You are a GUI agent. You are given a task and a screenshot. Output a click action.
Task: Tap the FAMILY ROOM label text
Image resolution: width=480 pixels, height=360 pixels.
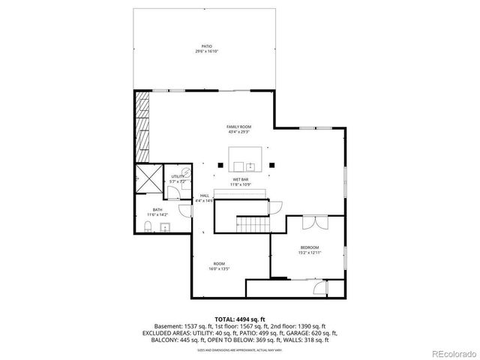click(x=238, y=127)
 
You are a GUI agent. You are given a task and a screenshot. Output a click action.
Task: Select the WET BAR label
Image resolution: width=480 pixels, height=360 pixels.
click(x=240, y=180)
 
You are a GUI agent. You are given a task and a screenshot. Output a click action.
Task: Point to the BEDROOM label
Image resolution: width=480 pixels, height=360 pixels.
click(x=310, y=247)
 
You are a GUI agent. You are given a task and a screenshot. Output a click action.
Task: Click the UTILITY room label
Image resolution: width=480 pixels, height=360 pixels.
click(x=177, y=176)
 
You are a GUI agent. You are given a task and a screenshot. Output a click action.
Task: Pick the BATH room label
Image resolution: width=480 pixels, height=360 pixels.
click(x=157, y=210)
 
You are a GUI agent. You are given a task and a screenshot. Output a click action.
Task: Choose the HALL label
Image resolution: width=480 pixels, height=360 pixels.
click(x=204, y=196)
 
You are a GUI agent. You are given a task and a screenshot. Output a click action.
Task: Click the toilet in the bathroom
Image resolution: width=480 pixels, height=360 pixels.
click(x=148, y=227)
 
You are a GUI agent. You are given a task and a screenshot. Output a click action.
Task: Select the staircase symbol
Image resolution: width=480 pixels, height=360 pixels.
click(x=253, y=224)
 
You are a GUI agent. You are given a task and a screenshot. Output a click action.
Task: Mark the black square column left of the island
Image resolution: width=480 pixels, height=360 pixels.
click(x=220, y=163)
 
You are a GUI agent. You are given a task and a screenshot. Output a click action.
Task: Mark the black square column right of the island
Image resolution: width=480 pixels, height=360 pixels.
click(x=272, y=163)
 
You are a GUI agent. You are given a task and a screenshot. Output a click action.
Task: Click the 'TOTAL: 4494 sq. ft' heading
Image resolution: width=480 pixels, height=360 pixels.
click(x=240, y=319)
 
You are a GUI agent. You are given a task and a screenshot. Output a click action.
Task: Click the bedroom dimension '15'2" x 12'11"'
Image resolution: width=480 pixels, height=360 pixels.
click(x=310, y=253)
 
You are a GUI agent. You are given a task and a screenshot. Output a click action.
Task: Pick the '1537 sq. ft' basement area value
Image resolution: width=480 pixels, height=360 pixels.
click(x=199, y=326)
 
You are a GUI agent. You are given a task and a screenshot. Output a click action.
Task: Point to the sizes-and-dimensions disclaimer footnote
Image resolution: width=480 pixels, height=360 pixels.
click(x=240, y=350)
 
